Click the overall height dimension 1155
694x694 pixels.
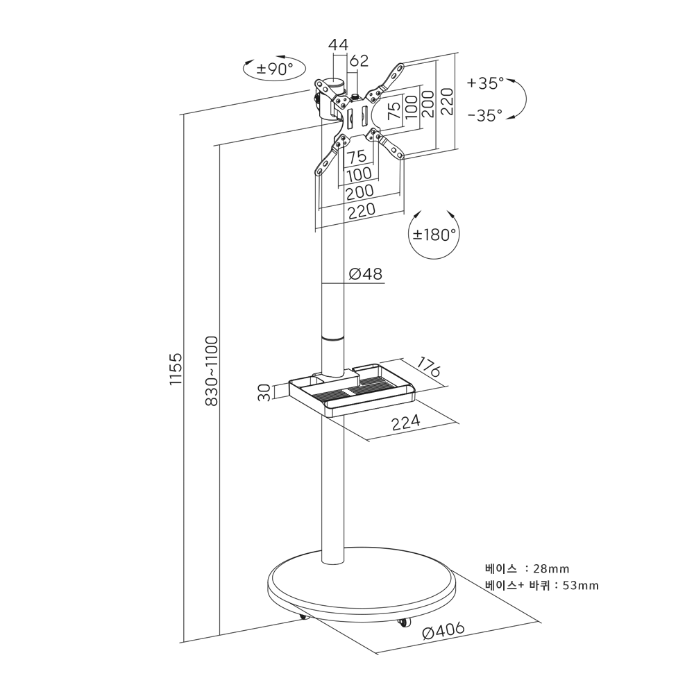click(176, 369)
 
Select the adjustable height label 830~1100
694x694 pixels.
click(212, 371)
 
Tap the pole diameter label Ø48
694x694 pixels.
click(365, 274)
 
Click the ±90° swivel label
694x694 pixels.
click(275, 69)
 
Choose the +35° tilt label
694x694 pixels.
click(486, 83)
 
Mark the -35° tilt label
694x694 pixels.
click(486, 116)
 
